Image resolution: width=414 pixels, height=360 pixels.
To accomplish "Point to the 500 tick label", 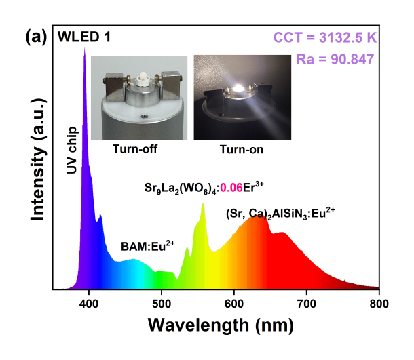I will coord(162,302).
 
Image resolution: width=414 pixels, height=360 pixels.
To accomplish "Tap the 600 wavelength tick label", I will coord(234,302).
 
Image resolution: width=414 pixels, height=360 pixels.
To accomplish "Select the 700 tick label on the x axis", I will coord(307,302).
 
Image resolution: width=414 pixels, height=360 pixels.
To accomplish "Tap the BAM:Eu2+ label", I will coord(147,245).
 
